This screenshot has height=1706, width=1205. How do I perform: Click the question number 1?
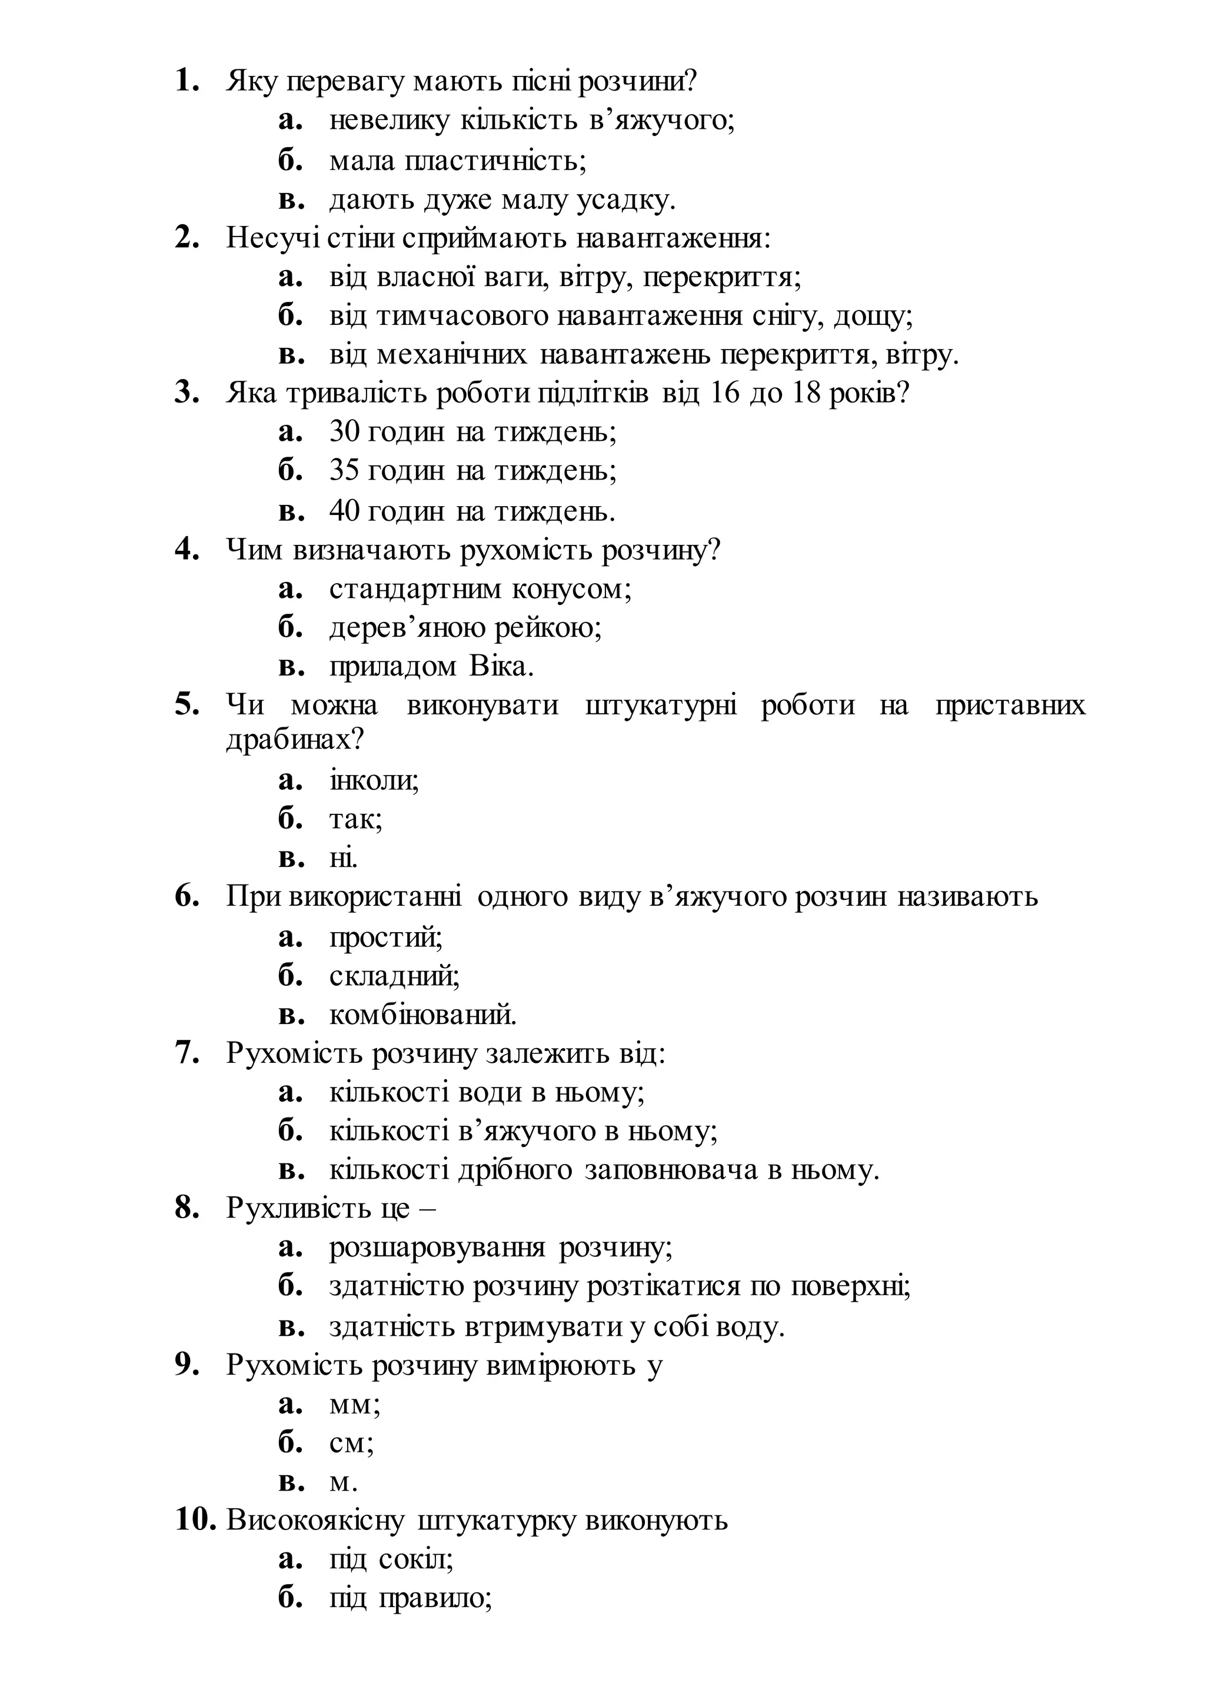[x=187, y=80]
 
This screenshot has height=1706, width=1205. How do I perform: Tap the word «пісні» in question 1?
[x=541, y=80]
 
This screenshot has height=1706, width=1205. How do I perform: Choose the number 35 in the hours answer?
[x=344, y=470]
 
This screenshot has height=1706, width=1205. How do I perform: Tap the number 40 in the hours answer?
[x=345, y=510]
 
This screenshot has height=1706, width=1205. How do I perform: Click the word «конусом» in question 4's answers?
[x=571, y=589]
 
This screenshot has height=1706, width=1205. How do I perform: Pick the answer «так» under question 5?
[x=355, y=820]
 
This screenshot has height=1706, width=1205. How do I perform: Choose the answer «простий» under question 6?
[x=385, y=937]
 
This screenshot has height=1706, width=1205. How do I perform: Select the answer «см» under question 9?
[x=351, y=1443]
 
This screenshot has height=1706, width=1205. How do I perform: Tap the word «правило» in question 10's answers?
[x=435, y=1598]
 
